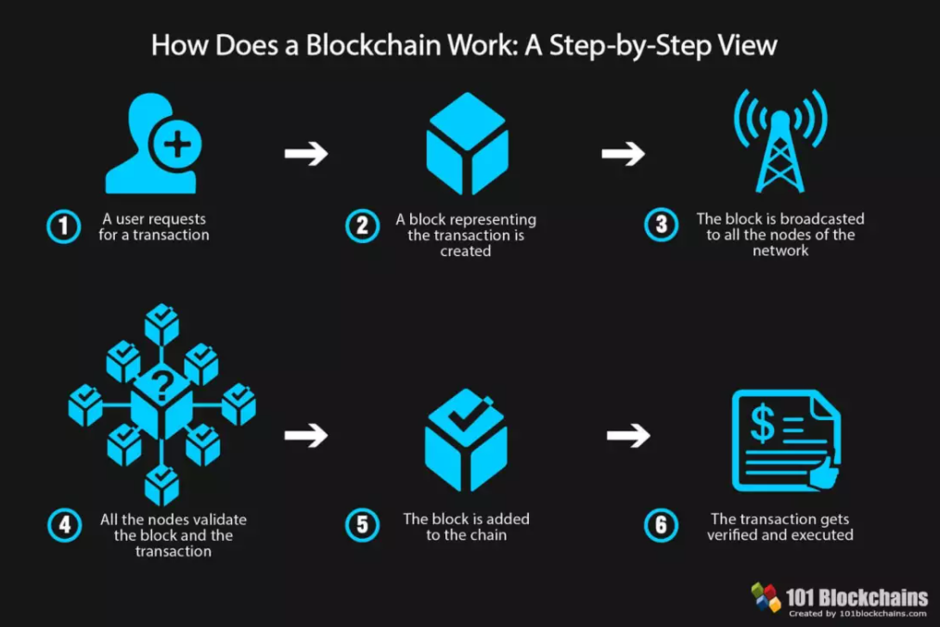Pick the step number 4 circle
tap(63, 526)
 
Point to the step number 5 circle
tap(362, 526)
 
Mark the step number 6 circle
tap(661, 526)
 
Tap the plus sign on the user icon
tap(179, 144)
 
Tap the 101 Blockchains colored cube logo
tap(766, 597)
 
